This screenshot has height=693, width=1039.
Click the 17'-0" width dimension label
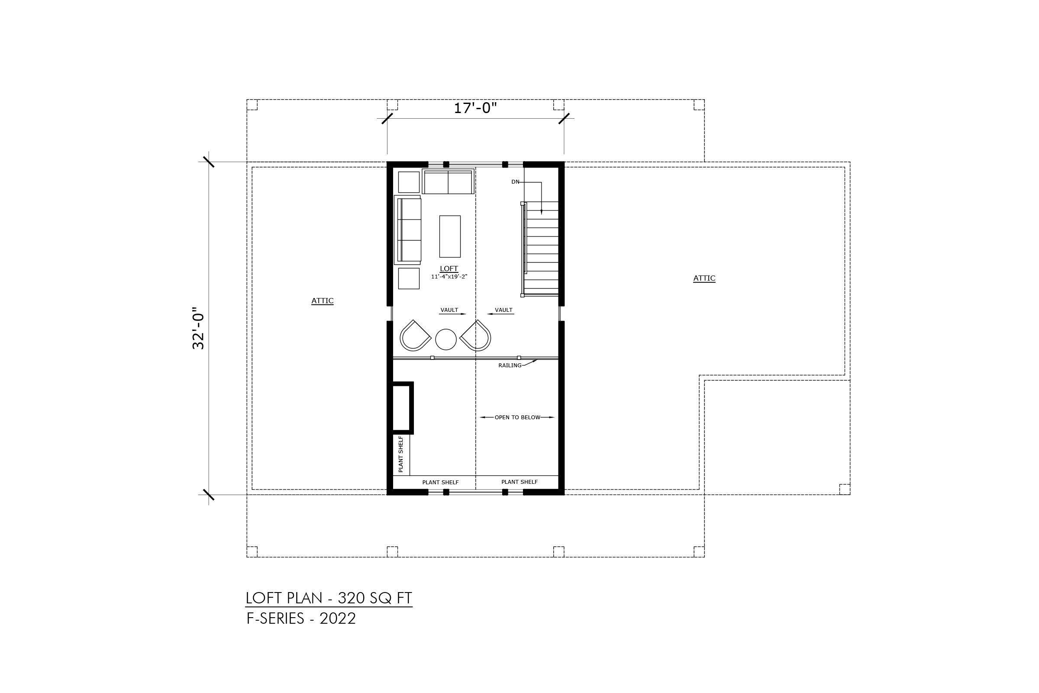tap(475, 108)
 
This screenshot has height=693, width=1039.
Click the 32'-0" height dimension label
tap(198, 328)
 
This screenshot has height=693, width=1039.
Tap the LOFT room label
tap(449, 269)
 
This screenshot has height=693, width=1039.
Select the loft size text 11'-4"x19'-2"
tap(449, 277)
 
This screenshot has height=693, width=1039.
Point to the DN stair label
tap(515, 181)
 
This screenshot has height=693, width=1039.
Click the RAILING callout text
tap(510, 366)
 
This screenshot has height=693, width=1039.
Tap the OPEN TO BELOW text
tap(517, 417)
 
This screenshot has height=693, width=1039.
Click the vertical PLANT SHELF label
tap(401, 454)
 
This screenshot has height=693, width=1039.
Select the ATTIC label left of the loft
tap(323, 301)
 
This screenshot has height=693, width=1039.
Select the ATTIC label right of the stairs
tap(704, 278)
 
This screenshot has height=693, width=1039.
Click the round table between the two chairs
tap(446, 340)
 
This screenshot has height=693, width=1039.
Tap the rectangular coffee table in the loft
tap(450, 236)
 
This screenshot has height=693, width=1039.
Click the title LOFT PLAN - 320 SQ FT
tap(329, 598)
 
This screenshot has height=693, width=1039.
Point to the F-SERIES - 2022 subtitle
tap(301, 619)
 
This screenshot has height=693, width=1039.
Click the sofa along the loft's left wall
tap(408, 230)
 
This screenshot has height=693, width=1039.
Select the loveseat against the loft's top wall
tap(448, 181)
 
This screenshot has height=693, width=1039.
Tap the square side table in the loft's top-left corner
tap(409, 182)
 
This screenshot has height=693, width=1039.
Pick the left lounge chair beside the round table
tap(415, 336)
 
